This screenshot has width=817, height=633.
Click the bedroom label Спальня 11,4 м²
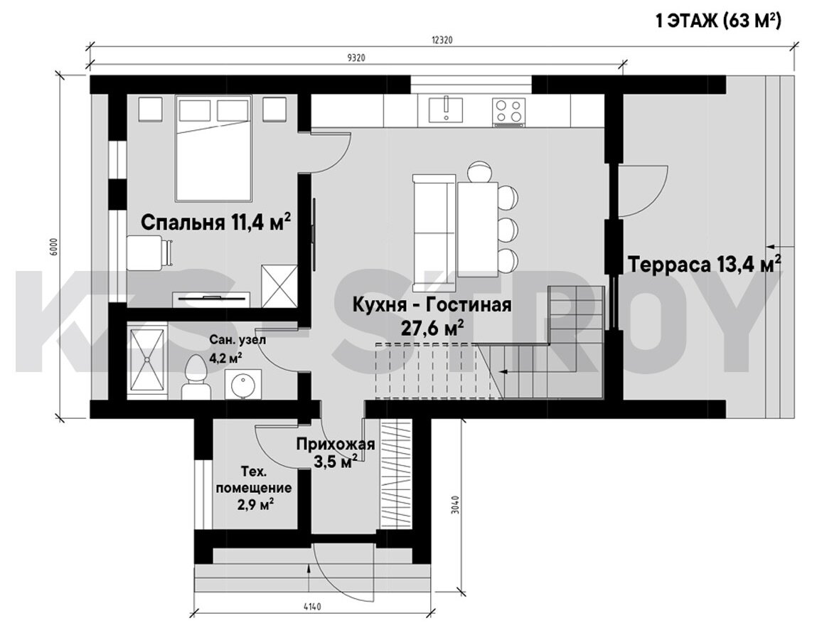click(215, 222)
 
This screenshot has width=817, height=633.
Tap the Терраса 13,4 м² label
click(704, 264)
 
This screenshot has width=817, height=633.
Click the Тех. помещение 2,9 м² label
click(254, 489)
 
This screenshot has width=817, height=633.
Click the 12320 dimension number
click(442, 40)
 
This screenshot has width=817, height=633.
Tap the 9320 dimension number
click(356, 58)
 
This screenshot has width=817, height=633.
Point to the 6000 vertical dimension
click(55, 247)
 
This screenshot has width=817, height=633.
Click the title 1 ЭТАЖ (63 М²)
click(718, 21)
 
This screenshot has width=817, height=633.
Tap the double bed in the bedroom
click(213, 148)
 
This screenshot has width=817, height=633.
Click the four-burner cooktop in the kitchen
click(508, 112)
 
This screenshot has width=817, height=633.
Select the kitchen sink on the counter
click(446, 109)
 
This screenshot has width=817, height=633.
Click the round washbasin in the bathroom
click(242, 384)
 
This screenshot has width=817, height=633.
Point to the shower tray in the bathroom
click(147, 360)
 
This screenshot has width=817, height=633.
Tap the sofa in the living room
click(434, 233)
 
